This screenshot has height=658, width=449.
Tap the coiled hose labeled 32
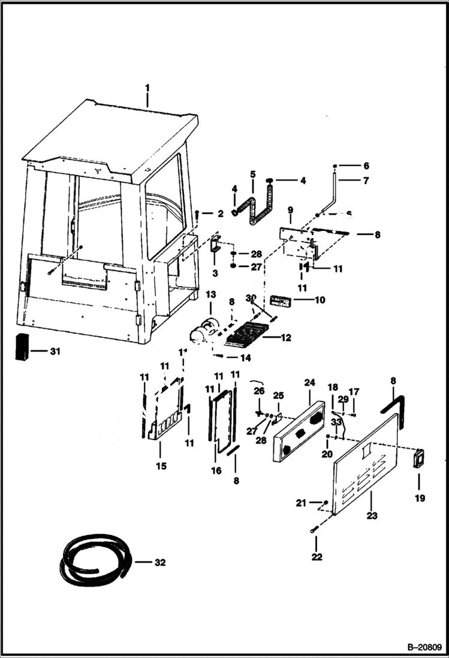pos(94,561)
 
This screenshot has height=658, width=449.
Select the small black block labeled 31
pos(22,346)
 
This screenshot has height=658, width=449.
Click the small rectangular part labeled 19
pos(417,460)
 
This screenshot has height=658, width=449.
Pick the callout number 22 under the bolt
pos(317,557)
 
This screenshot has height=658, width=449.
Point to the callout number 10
pos(320,299)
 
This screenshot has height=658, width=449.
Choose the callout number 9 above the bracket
pos(290,210)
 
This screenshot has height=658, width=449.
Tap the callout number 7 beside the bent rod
pos(366,180)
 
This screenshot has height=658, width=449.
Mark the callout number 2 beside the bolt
pos(221,214)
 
